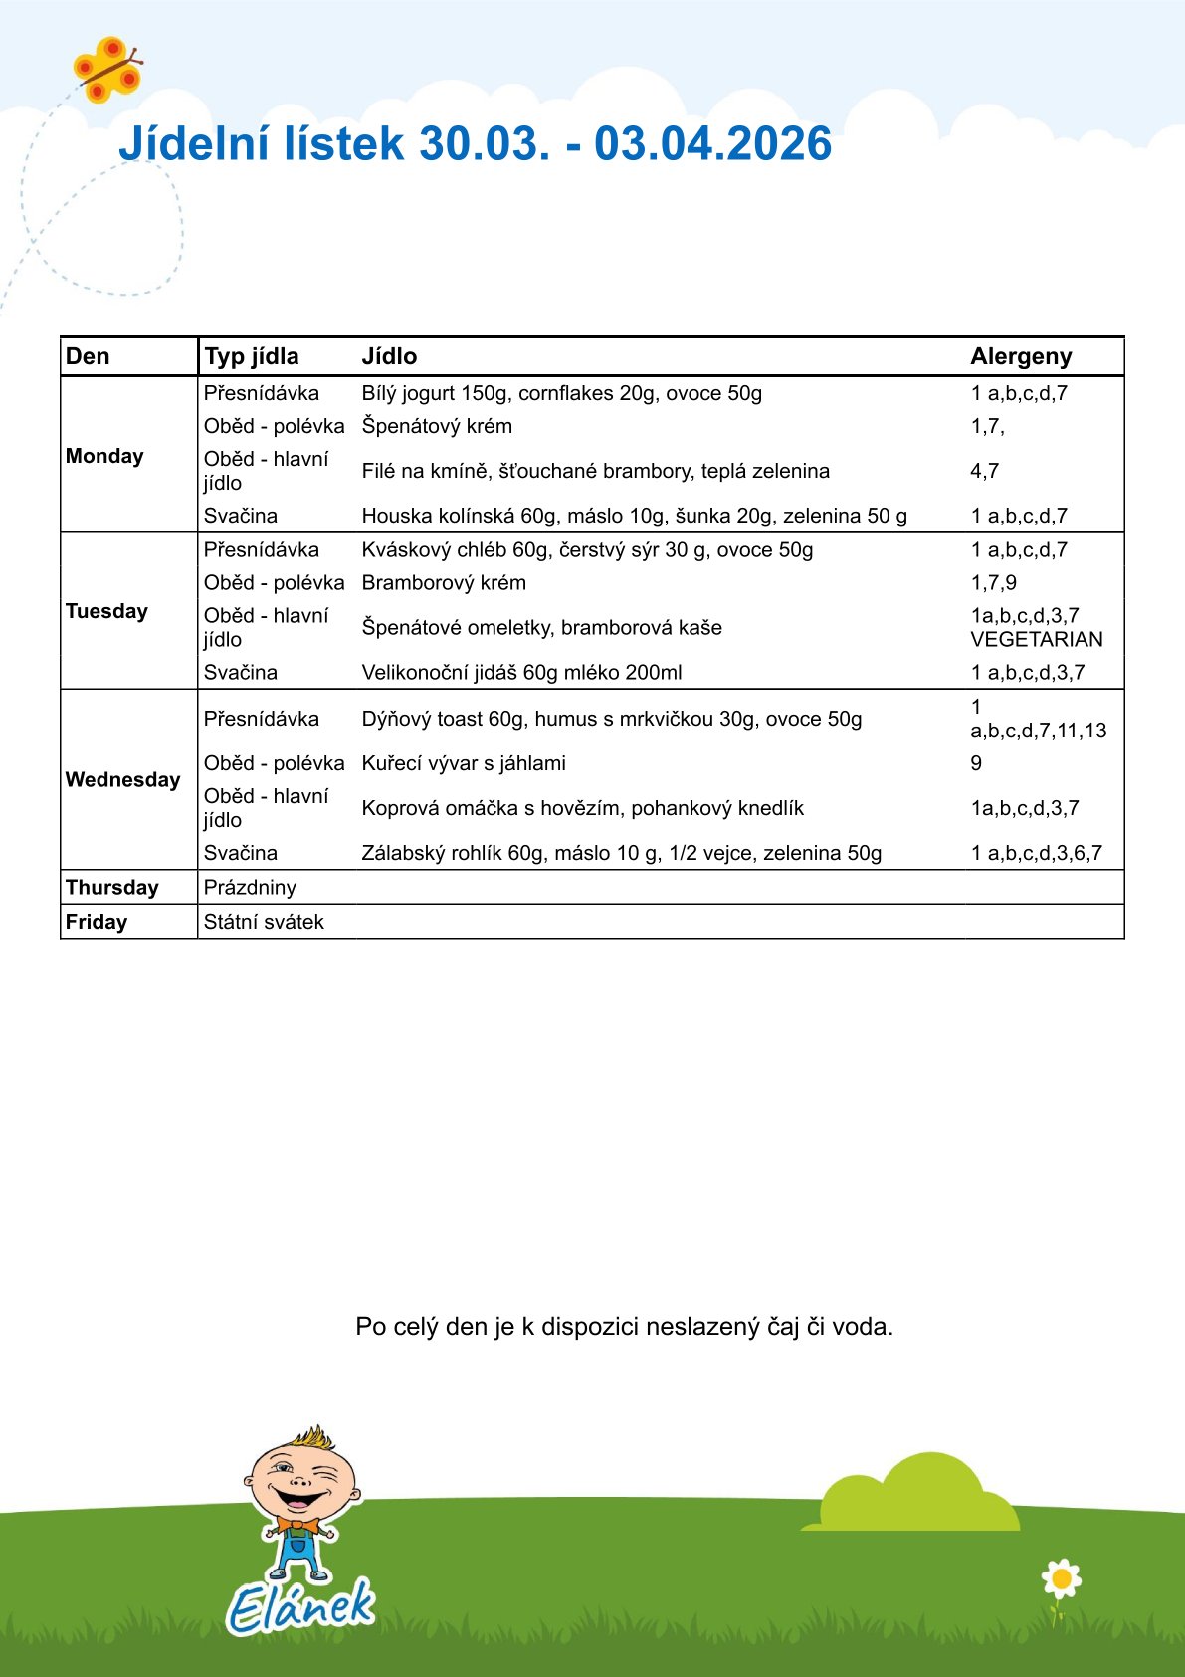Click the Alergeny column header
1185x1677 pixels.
tap(1021, 356)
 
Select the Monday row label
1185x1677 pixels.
tap(104, 456)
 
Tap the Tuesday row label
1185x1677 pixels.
tap(106, 611)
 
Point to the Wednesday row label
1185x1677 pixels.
tap(122, 779)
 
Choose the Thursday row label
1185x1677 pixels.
tap(111, 887)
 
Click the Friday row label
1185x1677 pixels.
tap(97, 922)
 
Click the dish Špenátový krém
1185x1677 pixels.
tap(437, 426)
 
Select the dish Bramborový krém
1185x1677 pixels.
tap(444, 582)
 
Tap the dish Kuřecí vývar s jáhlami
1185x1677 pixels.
tap(464, 763)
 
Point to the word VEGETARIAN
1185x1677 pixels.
tap(1037, 639)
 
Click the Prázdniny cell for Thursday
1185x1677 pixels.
tap(250, 887)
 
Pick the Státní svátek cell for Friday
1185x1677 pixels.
tap(264, 922)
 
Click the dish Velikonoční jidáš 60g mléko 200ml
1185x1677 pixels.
tap(521, 672)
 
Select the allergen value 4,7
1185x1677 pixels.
tap(985, 471)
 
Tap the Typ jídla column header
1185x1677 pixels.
tap(251, 356)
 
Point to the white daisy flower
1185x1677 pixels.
tap(1061, 1578)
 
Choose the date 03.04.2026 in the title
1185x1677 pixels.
tap(712, 143)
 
